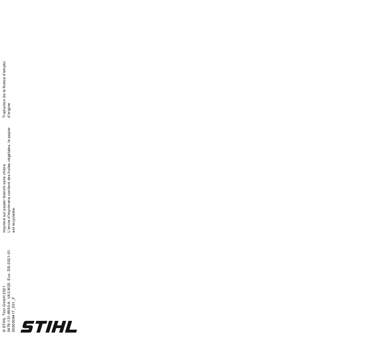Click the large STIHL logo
coord(49,326)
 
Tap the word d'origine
coord(9,110)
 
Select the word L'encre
coord(9,227)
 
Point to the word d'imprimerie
coord(9,209)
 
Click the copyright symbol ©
coord(4,330)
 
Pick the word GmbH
coord(4,301)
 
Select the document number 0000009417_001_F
coord(14,314)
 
